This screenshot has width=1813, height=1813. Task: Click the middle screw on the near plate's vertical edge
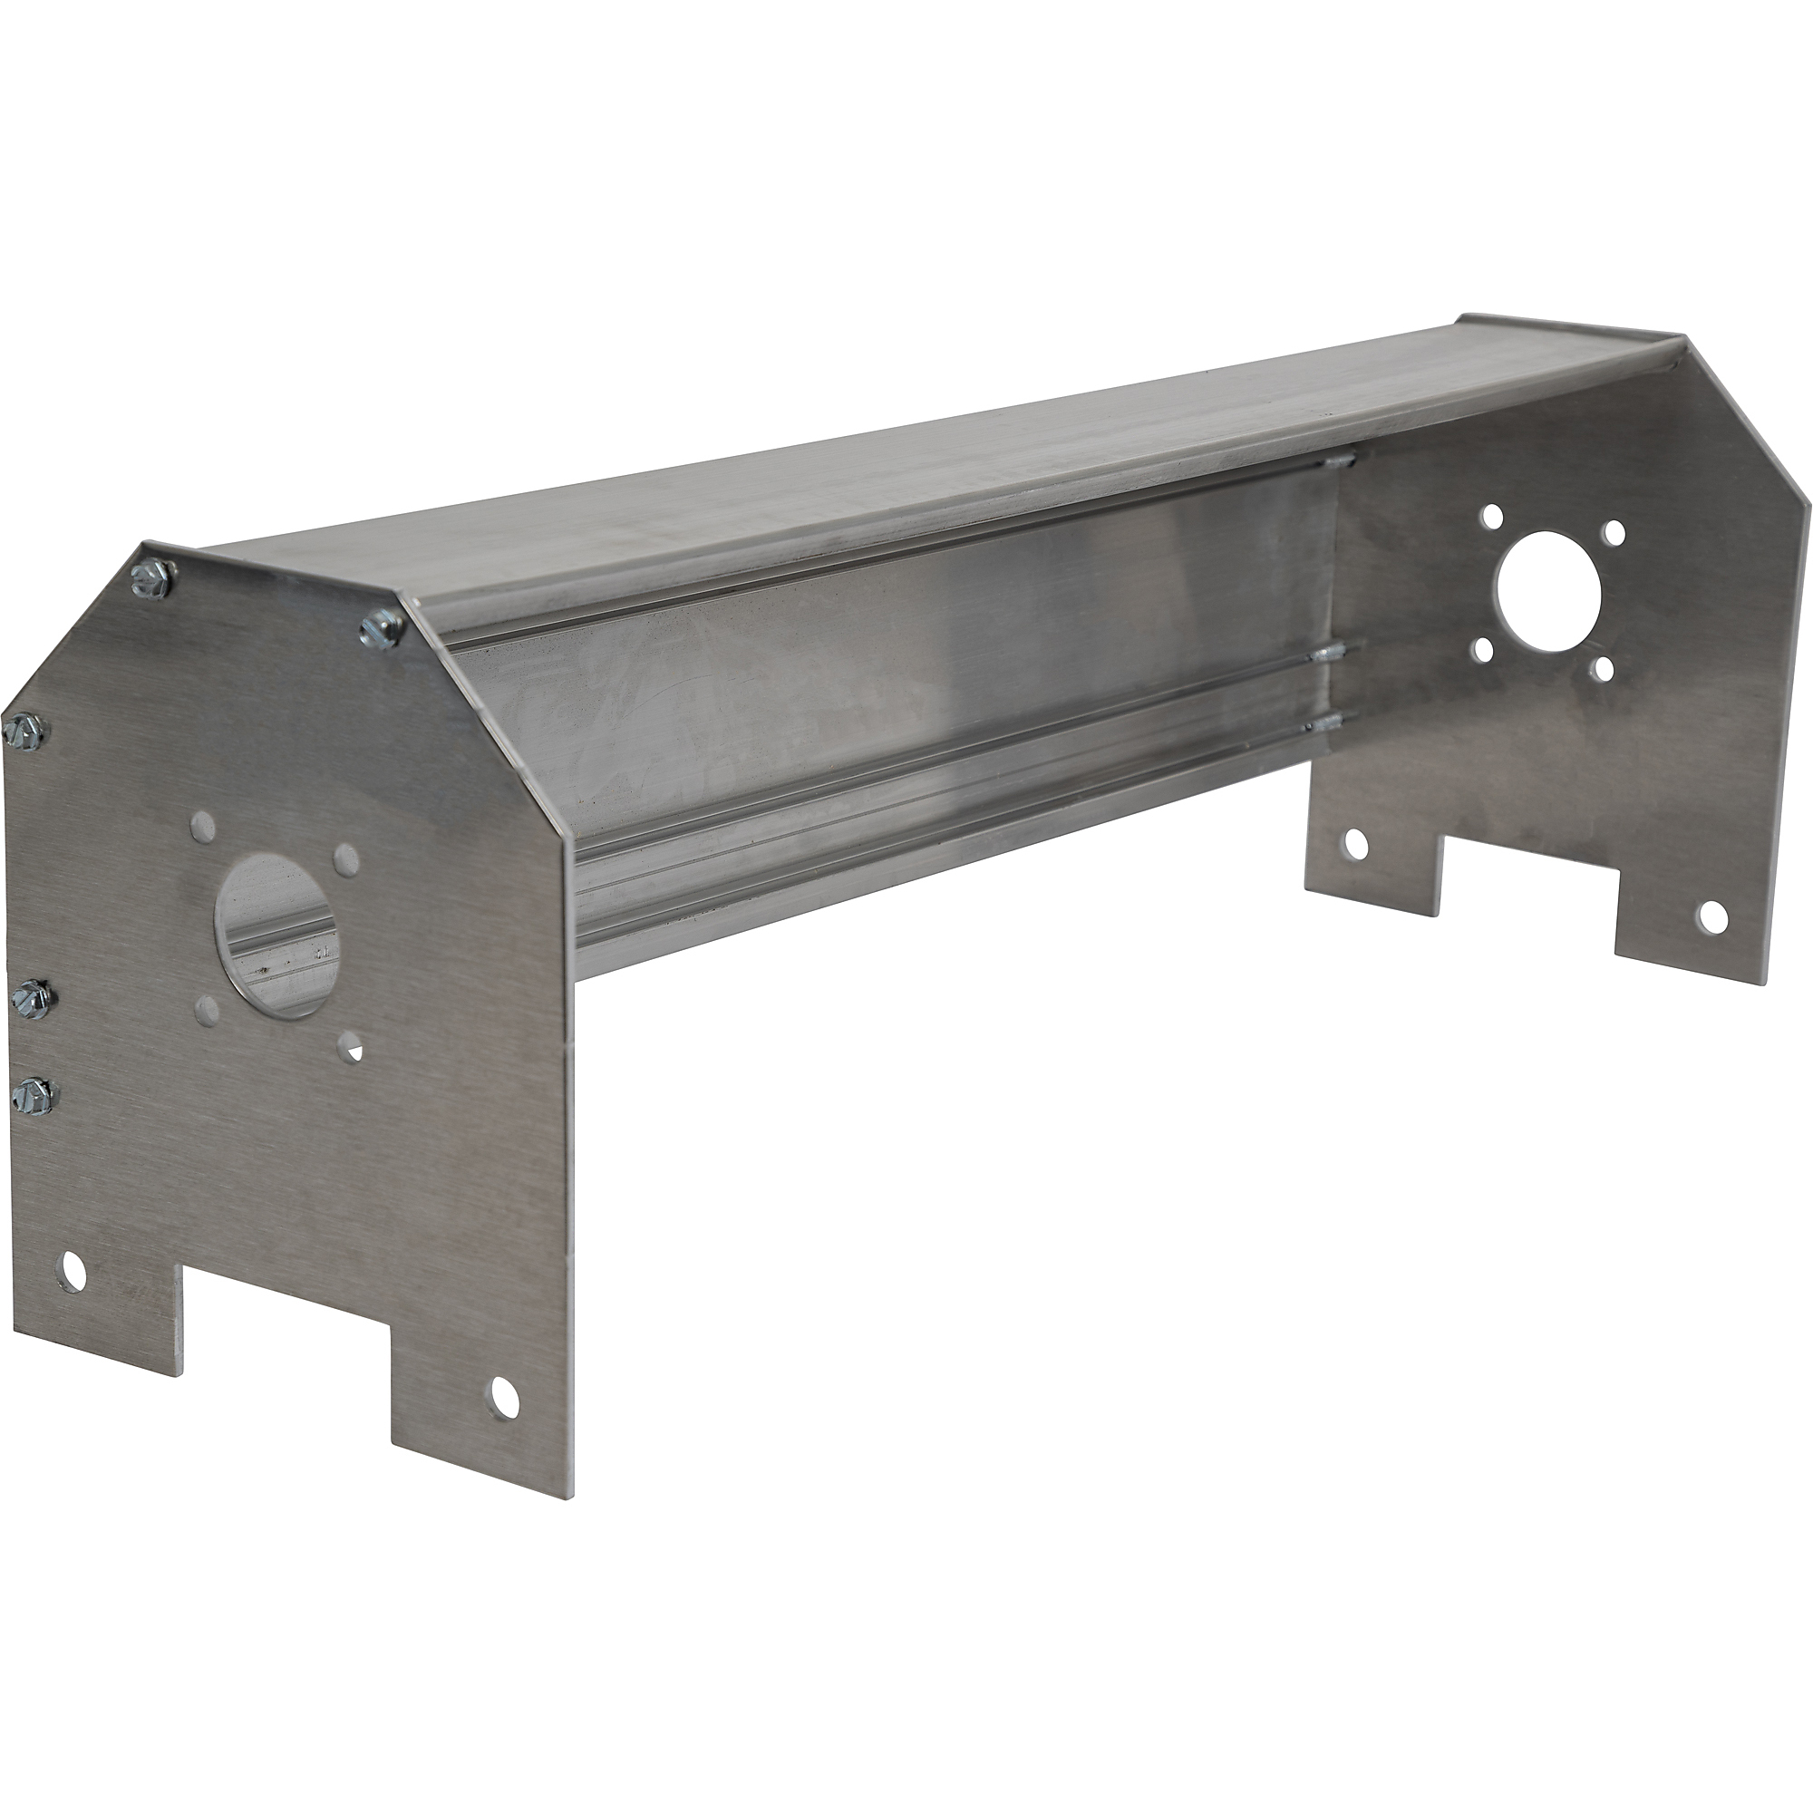pyautogui.click(x=32, y=994)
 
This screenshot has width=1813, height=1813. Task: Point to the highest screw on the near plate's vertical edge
pyautogui.click(x=24, y=729)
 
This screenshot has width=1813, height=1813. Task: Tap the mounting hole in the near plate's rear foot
pyautogui.click(x=73, y=1273)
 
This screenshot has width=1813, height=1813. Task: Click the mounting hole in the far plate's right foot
pyautogui.click(x=1711, y=917)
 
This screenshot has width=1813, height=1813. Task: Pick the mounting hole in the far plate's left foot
pyautogui.click(x=1355, y=845)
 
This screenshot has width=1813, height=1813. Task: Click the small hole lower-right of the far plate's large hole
pyautogui.click(x=1603, y=668)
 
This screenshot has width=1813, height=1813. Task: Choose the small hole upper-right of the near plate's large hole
pyautogui.click(x=347, y=857)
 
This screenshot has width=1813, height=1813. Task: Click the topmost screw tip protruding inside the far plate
pyautogui.click(x=1339, y=461)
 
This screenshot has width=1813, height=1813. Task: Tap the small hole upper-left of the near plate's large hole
pyautogui.click(x=202, y=826)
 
